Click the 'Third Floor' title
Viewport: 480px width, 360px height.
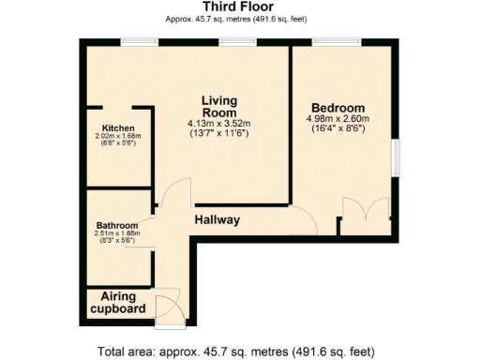tap(238, 7)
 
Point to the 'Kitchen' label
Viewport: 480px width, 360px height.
tap(118, 128)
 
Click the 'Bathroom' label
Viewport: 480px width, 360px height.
tap(117, 227)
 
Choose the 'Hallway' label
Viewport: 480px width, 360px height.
tap(217, 220)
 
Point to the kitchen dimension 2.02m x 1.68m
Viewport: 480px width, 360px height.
tap(118, 137)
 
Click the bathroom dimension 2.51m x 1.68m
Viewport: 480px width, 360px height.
tap(117, 235)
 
